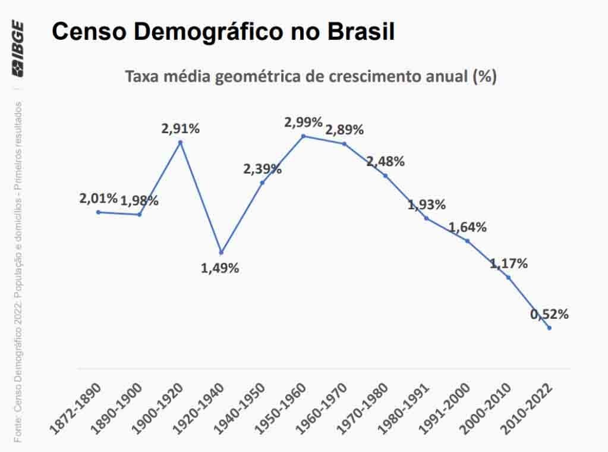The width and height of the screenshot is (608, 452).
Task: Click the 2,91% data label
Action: [180, 127]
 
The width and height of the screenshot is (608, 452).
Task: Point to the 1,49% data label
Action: [220, 268]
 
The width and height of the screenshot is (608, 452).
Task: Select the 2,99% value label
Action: [303, 123]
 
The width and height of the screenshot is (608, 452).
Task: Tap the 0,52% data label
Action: [549, 314]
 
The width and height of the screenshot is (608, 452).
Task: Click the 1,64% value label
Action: [467, 227]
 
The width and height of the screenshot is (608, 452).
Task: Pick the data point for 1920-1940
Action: [221, 252]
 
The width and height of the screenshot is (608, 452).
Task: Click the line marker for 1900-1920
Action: [180, 142]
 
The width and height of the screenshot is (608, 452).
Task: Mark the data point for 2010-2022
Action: [549, 328]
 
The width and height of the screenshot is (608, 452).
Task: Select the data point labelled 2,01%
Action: [98, 212]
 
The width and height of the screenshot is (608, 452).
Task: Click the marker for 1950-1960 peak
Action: [303, 136]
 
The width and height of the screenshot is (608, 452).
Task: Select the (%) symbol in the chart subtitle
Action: [484, 77]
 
